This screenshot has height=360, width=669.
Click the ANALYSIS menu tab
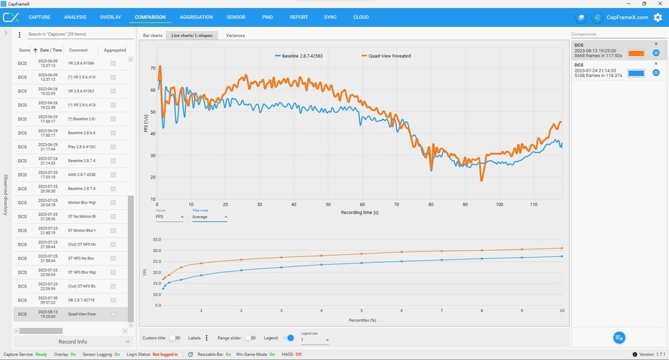click(76, 17)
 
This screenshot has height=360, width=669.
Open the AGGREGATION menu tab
click(196, 17)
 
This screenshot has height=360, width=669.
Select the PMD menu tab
click(267, 17)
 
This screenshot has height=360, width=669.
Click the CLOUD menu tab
click(361, 17)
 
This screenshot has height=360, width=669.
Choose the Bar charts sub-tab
click(153, 35)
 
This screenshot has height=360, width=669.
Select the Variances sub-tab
click(235, 35)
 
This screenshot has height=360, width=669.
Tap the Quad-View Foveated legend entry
click(386, 56)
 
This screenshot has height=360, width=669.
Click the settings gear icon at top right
click(658, 17)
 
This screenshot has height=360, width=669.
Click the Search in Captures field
click(74, 34)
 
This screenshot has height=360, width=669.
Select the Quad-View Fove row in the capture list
click(82, 314)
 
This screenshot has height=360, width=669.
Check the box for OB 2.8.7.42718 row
click(113, 300)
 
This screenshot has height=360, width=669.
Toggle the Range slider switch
click(251, 338)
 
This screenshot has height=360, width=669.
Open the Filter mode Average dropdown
click(209, 217)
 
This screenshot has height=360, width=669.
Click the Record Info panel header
click(72, 342)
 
